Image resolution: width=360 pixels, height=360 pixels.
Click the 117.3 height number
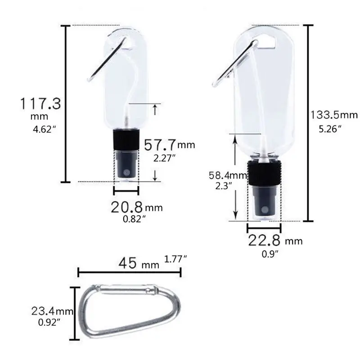click(x=40, y=104)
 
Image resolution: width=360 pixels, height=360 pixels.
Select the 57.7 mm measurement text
click(x=169, y=144)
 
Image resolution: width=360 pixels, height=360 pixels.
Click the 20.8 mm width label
click(x=136, y=207)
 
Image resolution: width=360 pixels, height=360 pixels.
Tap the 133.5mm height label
click(x=333, y=115)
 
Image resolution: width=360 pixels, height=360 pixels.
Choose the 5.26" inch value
click(x=330, y=129)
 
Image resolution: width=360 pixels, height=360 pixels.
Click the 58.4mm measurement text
click(x=227, y=174)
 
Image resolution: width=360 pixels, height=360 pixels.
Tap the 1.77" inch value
click(x=176, y=259)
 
